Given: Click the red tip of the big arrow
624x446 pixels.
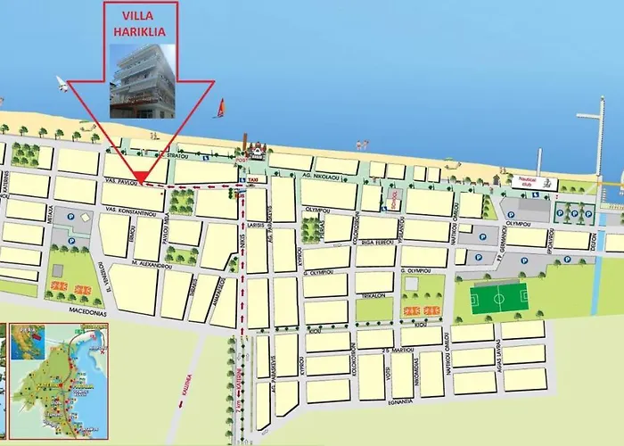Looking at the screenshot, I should point(140,176).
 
